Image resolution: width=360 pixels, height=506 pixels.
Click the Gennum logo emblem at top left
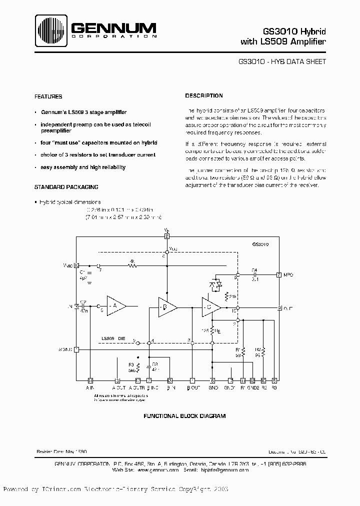[50, 29]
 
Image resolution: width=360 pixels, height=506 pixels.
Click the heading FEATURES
[48, 96]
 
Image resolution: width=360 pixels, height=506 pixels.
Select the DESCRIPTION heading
[204, 95]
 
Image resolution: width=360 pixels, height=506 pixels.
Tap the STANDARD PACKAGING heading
[66, 186]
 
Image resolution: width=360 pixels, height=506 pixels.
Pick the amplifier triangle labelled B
[166, 306]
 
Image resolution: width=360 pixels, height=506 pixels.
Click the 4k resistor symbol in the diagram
[132, 265]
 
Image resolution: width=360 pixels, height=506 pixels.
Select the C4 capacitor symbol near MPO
[254, 274]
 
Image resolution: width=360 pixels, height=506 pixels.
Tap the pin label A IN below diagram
[90, 387]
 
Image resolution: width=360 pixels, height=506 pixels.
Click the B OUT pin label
[192, 387]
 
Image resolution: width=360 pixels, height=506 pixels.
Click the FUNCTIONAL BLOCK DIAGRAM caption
[184, 416]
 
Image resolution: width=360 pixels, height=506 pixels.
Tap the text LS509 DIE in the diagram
[111, 338]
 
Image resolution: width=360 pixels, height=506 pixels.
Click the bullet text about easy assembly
[83, 167]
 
